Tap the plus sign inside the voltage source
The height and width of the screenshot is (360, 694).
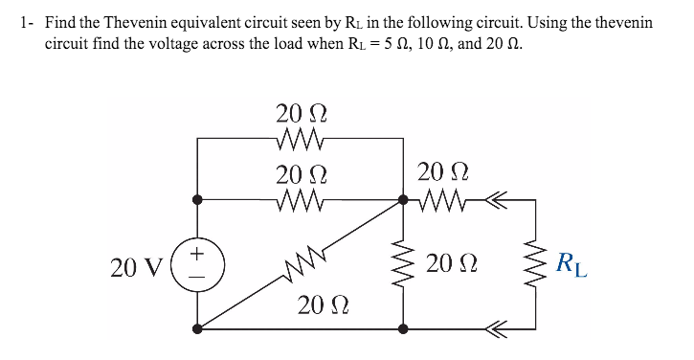(197, 255)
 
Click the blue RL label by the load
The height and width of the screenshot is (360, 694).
(571, 261)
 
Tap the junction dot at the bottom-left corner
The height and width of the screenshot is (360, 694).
(197, 328)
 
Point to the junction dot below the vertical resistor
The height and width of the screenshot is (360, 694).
(403, 328)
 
